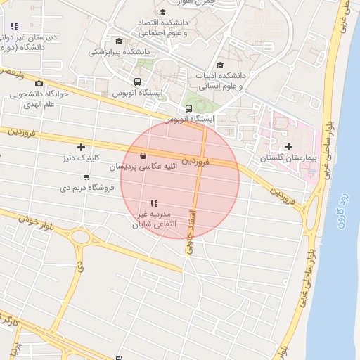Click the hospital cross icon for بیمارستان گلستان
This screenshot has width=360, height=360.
pos(288,146)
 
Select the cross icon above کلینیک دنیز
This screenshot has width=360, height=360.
pos(82,147)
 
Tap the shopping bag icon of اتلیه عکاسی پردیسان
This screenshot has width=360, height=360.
pos(143,156)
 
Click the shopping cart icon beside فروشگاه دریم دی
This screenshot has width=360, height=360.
pos(86,176)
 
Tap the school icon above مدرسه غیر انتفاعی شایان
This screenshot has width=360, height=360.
pos(154,203)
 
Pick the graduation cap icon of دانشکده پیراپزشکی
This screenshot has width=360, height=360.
pos(118,41)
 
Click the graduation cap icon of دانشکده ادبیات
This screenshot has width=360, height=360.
pos(221,65)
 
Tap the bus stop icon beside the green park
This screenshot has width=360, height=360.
pos(188,108)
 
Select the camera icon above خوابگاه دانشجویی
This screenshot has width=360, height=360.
pos(39,84)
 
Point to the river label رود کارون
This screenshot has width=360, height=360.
pos(340,211)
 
